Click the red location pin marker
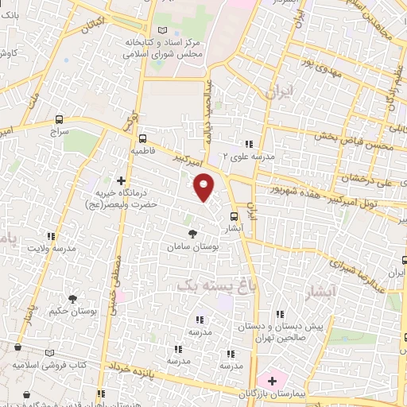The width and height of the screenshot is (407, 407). (x=204, y=186)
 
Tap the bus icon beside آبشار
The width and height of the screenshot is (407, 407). (x=234, y=215)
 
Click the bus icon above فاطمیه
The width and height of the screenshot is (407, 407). (x=141, y=136)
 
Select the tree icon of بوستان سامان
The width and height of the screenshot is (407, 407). (x=193, y=234)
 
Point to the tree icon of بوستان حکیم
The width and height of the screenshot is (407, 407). (x=73, y=299)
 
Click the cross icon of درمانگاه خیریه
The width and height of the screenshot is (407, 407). (x=121, y=180)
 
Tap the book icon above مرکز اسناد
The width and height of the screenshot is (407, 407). (x=163, y=29)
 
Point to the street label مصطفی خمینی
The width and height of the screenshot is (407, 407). (x=117, y=286)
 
